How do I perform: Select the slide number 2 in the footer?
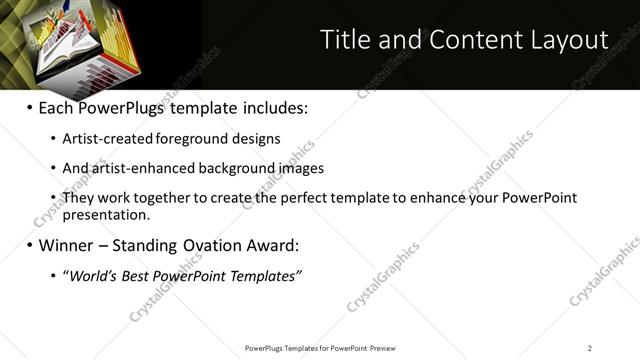click(x=590, y=348)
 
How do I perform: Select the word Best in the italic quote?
click(x=143, y=275)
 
